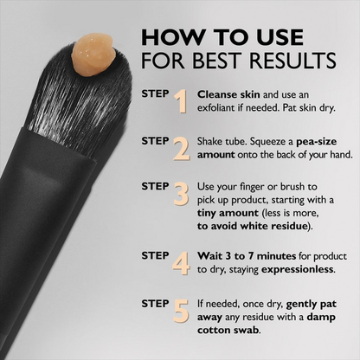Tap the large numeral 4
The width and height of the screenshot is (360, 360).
click(x=181, y=261)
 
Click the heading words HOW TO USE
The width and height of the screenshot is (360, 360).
click(x=222, y=37)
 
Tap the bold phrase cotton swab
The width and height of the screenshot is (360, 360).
click(x=233, y=330)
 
